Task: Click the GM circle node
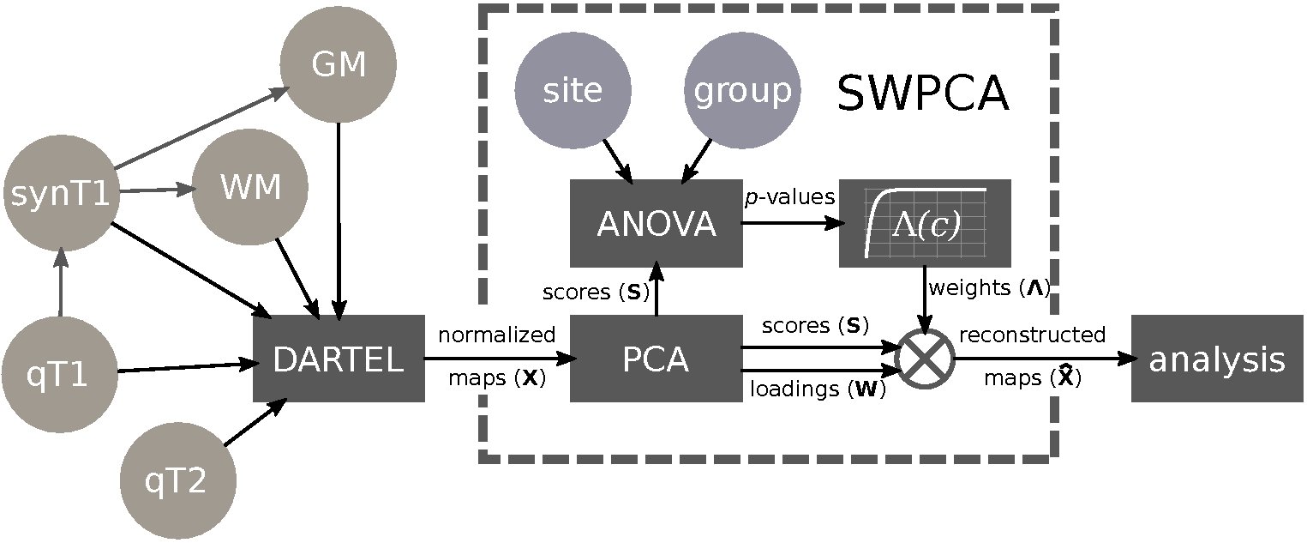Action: [339, 66]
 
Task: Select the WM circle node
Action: [249, 189]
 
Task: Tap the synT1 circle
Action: [59, 195]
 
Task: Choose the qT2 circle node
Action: [177, 483]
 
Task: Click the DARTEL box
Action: [339, 359]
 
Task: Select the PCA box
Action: [656, 359]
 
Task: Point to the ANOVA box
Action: [656, 223]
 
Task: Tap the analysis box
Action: [1218, 359]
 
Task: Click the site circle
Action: [573, 91]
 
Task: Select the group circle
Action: [742, 91]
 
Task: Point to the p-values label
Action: [789, 197]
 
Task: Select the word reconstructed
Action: [1032, 334]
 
